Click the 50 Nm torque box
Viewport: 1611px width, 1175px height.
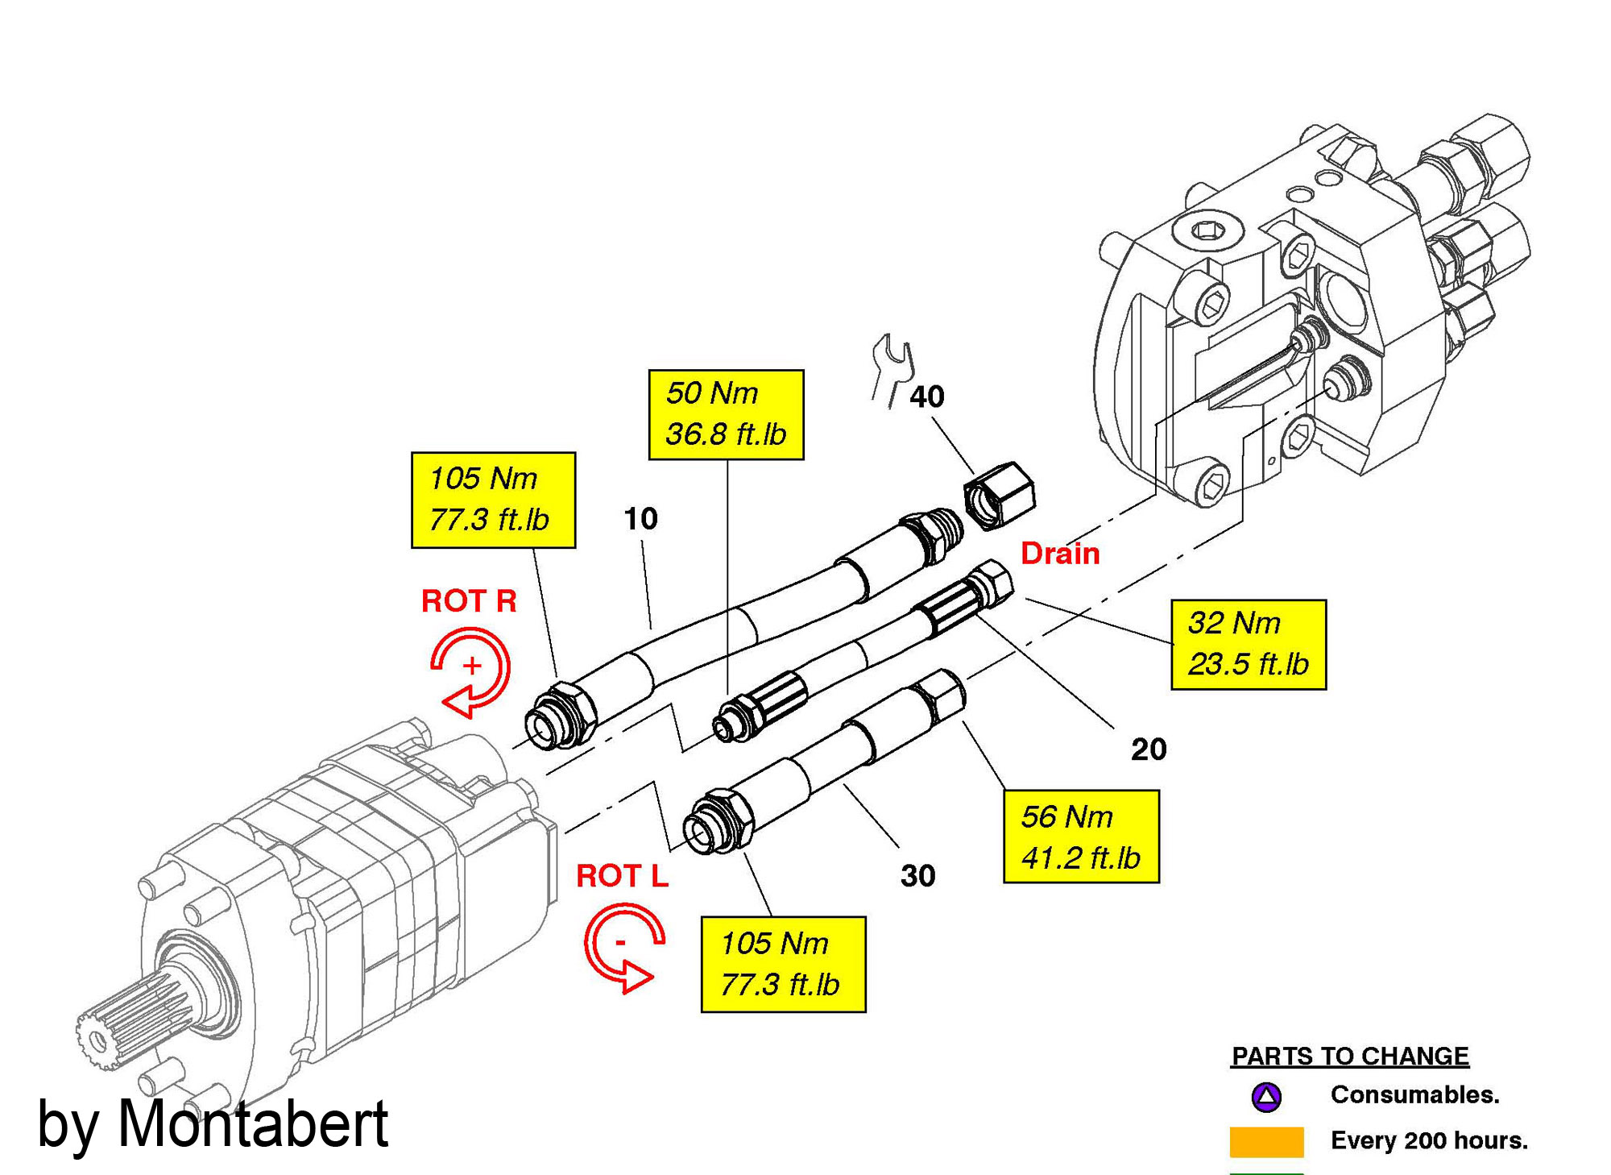tap(726, 414)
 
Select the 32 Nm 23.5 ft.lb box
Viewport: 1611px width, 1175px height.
tap(1248, 644)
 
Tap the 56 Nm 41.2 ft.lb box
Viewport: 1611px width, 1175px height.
tap(1080, 837)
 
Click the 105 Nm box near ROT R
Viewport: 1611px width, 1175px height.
tap(493, 500)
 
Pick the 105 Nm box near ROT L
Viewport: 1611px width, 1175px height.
tap(783, 964)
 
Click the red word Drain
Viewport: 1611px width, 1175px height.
tap(1060, 554)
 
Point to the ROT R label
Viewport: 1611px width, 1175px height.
tap(469, 601)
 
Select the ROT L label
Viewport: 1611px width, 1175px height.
tap(622, 876)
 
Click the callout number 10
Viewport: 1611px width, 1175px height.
tap(640, 519)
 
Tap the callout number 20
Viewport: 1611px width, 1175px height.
tap(1149, 749)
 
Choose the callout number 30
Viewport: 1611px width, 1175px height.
tap(917, 876)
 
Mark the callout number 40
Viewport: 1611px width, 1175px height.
tap(926, 397)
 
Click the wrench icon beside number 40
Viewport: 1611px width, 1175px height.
tap(892, 370)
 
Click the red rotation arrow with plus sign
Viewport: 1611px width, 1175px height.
tap(470, 671)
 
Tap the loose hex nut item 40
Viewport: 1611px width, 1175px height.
tap(999, 495)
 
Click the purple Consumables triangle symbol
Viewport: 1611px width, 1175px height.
tap(1266, 1096)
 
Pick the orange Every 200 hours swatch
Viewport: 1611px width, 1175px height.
tap(1266, 1141)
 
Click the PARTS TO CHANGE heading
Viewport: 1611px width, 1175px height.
tap(1350, 1056)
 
